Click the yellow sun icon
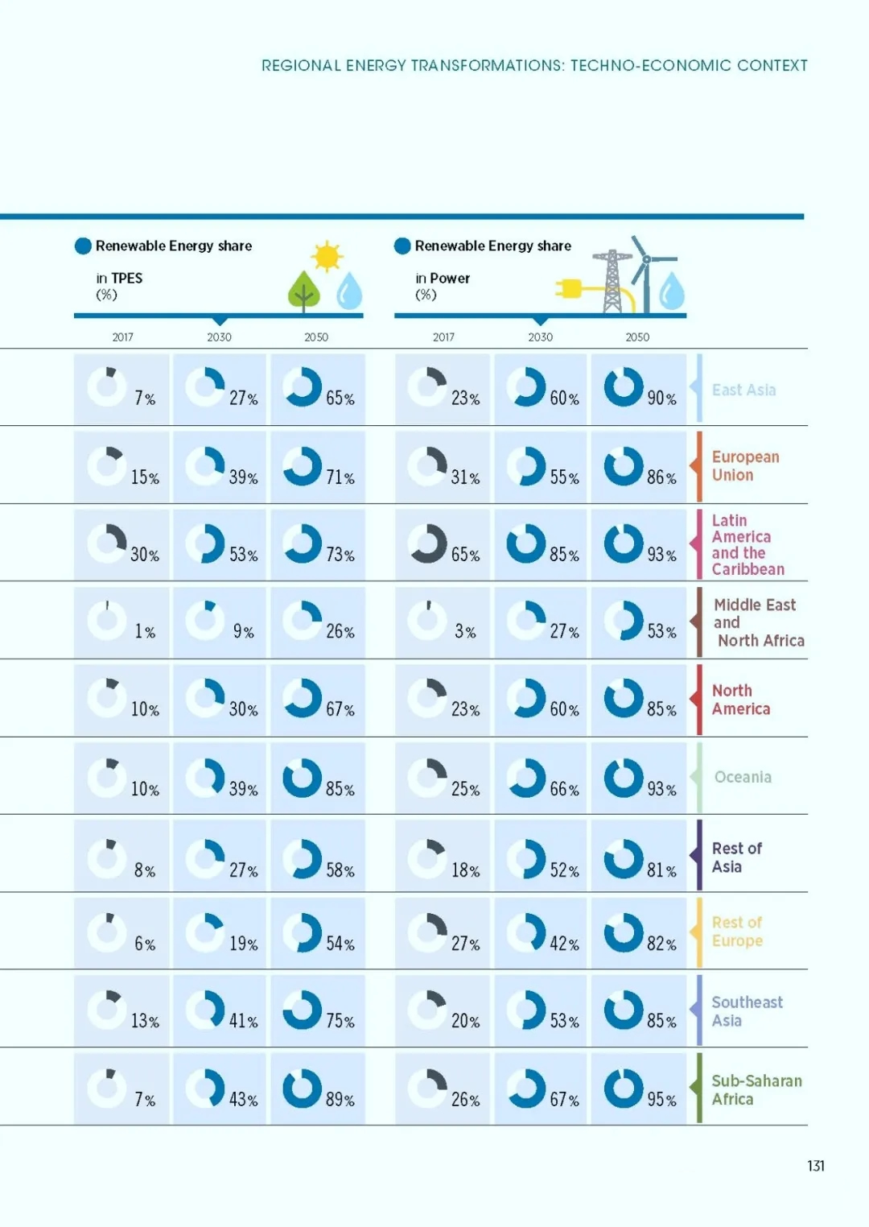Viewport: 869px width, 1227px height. click(327, 256)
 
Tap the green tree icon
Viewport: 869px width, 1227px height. click(304, 291)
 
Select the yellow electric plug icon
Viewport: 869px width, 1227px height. click(568, 288)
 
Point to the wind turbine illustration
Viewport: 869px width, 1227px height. click(650, 274)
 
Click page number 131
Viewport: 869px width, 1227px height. click(816, 1166)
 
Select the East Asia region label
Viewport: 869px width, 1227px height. click(743, 390)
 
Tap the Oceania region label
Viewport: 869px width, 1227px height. click(743, 777)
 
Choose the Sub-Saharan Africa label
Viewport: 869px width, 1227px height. click(756, 1090)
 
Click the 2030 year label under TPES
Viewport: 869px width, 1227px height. click(219, 337)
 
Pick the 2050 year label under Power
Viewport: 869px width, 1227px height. click(637, 337)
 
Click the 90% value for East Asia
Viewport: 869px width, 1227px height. click(661, 398)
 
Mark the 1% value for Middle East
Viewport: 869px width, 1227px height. click(145, 631)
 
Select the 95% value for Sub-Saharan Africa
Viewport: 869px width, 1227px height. click(661, 1099)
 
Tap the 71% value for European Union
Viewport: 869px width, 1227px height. click(340, 477)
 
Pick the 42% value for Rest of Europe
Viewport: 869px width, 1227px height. click(564, 944)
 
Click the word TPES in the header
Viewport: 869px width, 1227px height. click(127, 279)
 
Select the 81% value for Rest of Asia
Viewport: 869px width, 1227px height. click(661, 870)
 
